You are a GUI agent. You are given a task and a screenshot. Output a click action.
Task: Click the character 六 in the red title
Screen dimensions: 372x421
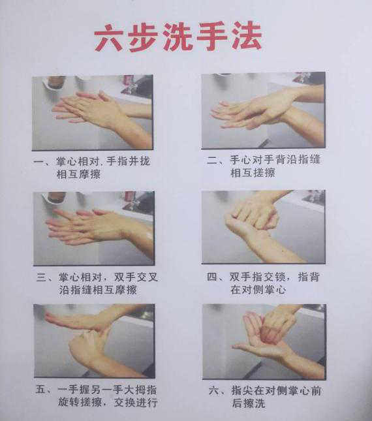pyautogui.click(x=110, y=37)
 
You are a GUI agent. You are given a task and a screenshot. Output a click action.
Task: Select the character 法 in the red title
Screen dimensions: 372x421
pyautogui.click(x=247, y=36)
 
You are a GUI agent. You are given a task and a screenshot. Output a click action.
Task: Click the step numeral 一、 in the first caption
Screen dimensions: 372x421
pyautogui.click(x=42, y=162)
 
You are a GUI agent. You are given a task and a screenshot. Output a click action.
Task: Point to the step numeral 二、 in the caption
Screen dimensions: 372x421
pyautogui.click(x=216, y=160)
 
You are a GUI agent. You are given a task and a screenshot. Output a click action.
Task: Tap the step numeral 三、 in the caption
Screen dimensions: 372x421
pyautogui.click(x=45, y=277)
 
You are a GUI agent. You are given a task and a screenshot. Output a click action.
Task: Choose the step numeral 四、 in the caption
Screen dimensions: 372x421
pyautogui.click(x=215, y=277)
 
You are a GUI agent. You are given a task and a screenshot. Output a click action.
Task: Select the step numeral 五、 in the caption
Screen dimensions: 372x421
pyautogui.click(x=44, y=390)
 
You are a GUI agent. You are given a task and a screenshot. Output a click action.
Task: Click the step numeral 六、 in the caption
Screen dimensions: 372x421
pyautogui.click(x=217, y=391)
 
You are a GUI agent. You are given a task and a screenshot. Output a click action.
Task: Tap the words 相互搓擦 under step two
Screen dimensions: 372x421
pyautogui.click(x=253, y=172)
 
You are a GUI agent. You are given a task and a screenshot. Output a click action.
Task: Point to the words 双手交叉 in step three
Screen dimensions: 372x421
pyautogui.click(x=136, y=277)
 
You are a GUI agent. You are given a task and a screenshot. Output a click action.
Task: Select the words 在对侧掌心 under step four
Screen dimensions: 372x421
pyautogui.click(x=258, y=290)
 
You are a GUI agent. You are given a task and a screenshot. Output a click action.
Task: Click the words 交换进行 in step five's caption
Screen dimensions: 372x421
pyautogui.click(x=136, y=403)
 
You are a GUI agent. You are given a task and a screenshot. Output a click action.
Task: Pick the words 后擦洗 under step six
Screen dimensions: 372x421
pyautogui.click(x=249, y=403)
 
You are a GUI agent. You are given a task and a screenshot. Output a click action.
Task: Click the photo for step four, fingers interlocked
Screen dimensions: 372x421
pyautogui.click(x=264, y=227)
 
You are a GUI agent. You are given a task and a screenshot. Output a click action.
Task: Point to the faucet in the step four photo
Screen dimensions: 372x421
pyautogui.click(x=312, y=196)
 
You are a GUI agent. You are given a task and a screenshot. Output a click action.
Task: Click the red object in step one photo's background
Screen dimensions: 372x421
pyautogui.click(x=129, y=81)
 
